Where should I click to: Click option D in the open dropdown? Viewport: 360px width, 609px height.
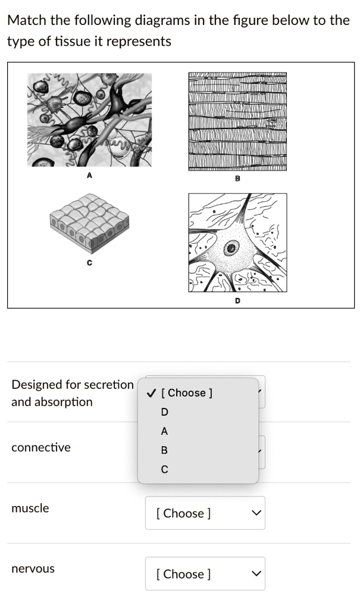click(x=164, y=412)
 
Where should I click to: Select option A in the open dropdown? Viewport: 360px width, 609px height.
click(x=164, y=431)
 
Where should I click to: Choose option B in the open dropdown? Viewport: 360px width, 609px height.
click(x=164, y=450)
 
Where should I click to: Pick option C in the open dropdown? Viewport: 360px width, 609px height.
click(x=164, y=469)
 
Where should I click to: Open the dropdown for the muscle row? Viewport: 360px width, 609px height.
click(x=205, y=513)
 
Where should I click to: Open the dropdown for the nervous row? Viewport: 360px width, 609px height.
click(x=205, y=574)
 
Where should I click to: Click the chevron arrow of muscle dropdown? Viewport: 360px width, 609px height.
click(x=256, y=513)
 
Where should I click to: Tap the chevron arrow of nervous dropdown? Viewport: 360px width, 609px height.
click(x=256, y=574)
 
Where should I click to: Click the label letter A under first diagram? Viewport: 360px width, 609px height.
click(x=89, y=175)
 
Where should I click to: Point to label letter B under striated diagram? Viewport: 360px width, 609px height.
click(x=237, y=178)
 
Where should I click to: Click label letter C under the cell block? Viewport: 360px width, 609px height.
click(x=89, y=262)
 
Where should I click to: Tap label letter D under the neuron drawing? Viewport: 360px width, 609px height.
click(x=237, y=301)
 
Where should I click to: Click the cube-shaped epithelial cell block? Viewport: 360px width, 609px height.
click(x=89, y=222)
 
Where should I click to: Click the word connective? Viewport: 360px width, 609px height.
click(x=40, y=447)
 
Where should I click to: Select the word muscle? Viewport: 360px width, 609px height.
click(x=30, y=508)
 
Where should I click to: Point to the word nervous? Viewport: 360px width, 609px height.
click(x=33, y=569)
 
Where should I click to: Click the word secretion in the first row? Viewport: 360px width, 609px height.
click(x=108, y=384)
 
